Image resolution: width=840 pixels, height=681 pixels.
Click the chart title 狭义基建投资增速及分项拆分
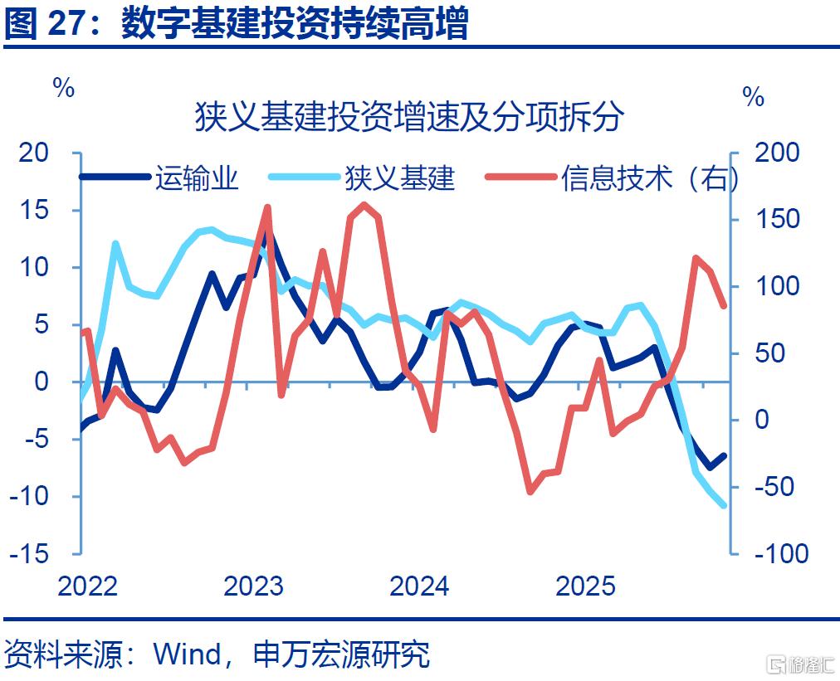point(409,117)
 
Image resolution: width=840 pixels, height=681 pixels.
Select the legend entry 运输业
point(159,178)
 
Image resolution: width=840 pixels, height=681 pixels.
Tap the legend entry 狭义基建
point(362,178)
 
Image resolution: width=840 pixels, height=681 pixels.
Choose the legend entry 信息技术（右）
point(611,178)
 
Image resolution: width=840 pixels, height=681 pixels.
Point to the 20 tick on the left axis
point(34,153)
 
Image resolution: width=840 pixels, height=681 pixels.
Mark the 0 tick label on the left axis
point(42,382)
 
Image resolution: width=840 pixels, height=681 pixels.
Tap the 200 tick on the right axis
point(777,153)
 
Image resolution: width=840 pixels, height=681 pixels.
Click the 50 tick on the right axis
point(769,353)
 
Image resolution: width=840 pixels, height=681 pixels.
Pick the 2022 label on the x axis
point(87,586)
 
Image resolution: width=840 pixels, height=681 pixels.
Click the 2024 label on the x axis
point(419,586)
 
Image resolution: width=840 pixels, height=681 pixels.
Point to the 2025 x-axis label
point(585,586)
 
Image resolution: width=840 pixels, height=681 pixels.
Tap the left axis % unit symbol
point(64,87)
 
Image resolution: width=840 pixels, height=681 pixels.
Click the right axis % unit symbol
point(753,97)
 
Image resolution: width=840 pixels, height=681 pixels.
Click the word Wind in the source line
point(188,654)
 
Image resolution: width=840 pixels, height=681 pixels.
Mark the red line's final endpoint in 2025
point(725,306)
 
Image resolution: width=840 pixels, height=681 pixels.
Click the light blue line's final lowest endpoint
point(725,505)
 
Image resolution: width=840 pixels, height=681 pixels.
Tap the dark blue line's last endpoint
point(725,456)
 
